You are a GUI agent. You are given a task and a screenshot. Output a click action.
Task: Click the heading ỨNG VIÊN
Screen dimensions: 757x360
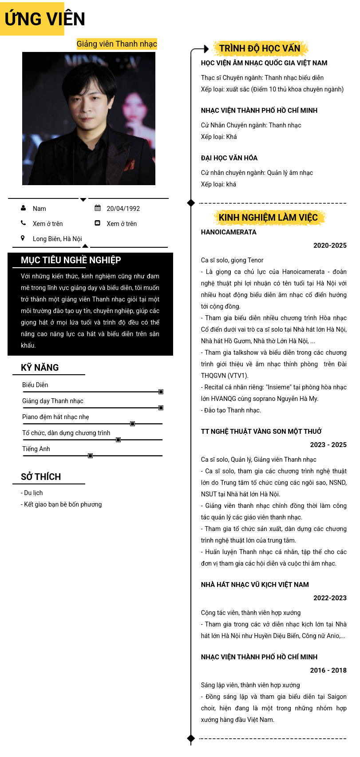[x=45, y=19]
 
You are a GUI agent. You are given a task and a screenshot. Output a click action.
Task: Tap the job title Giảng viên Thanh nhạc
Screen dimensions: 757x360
[x=117, y=44]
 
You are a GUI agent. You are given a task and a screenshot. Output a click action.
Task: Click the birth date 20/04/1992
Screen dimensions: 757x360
[x=123, y=209]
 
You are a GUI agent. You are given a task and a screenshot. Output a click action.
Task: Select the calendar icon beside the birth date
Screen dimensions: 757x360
[x=98, y=208]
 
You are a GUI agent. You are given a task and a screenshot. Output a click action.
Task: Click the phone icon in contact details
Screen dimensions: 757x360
[x=23, y=223]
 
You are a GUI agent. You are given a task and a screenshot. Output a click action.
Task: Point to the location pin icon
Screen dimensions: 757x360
[x=23, y=238]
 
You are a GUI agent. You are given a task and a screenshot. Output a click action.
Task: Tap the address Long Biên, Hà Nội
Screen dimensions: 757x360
[x=57, y=239]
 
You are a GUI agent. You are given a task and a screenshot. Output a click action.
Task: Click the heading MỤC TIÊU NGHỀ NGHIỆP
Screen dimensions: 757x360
[x=71, y=260]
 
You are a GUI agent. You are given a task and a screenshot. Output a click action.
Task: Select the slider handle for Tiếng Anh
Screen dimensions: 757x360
[x=90, y=456]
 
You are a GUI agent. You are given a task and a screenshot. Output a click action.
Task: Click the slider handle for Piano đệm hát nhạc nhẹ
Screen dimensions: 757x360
[x=132, y=424]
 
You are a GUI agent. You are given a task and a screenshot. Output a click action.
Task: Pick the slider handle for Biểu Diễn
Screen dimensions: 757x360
[x=161, y=392]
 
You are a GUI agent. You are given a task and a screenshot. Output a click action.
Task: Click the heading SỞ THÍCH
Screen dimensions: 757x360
[x=41, y=477]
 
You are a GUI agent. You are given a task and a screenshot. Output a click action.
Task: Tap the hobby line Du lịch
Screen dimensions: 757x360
[x=32, y=493]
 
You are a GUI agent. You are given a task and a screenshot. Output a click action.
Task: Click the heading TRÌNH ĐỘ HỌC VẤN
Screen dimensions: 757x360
[x=260, y=48]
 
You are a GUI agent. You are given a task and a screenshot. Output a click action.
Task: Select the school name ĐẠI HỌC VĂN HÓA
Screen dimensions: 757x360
[x=229, y=158]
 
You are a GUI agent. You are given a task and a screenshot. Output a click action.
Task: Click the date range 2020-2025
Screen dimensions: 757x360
[x=330, y=246]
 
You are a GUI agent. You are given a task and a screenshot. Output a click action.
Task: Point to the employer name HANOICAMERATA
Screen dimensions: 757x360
[x=229, y=232]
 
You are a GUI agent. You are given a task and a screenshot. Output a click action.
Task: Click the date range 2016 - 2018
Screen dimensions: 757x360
[x=328, y=670]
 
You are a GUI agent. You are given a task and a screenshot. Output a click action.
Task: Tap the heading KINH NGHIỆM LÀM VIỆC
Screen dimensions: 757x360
[x=268, y=218]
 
